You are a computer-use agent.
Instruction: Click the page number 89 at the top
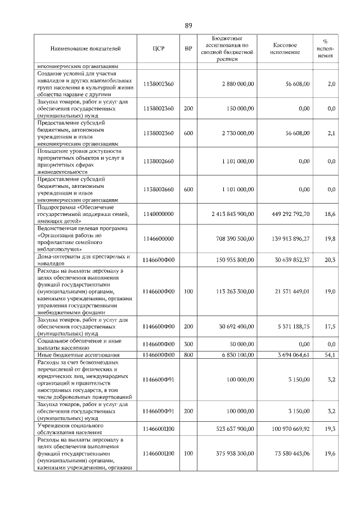click(x=188, y=25)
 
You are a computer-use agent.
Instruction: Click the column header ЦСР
click(x=158, y=49)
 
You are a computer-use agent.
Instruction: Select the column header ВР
click(x=188, y=49)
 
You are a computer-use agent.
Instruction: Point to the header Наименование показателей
click(x=85, y=49)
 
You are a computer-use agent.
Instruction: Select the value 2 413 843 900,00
click(x=233, y=214)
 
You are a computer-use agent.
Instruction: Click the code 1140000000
click(x=159, y=214)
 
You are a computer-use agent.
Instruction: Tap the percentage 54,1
click(x=330, y=355)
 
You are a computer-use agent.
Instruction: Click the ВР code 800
click(x=188, y=355)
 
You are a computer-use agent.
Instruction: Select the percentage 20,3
click(x=330, y=260)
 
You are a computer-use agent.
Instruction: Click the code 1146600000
click(x=159, y=239)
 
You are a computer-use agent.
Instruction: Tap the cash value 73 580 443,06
click(x=287, y=453)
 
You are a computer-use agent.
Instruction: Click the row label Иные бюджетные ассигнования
click(x=78, y=355)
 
